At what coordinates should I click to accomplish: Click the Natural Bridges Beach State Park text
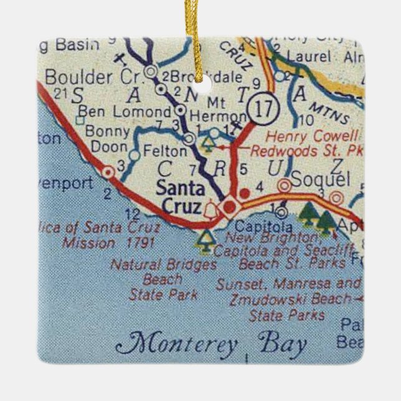[163, 279]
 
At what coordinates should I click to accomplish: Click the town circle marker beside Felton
[134, 154]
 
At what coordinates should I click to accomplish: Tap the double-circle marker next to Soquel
[284, 185]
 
